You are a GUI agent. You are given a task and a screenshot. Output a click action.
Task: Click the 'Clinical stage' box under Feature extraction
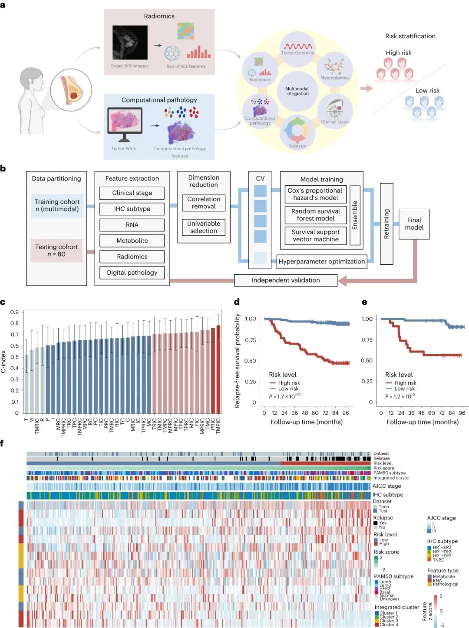point(132,193)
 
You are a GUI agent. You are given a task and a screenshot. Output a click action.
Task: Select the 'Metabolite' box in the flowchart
point(132,241)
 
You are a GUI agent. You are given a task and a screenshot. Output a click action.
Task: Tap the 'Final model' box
point(414,224)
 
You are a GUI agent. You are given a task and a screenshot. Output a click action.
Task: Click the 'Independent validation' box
point(286,280)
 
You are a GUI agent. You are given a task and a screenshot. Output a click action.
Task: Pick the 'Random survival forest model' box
point(316,215)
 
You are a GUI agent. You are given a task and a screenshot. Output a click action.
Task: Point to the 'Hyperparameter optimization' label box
point(321,261)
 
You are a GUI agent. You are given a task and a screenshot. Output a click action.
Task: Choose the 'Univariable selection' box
point(204,227)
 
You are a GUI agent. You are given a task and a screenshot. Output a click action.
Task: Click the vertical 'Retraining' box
point(386,224)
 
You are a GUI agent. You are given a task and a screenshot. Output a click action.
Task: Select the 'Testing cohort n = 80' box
point(56,250)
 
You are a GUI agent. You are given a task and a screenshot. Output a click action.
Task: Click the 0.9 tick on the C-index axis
point(15,312)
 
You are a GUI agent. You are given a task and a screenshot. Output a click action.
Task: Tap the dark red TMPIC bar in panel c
point(218,369)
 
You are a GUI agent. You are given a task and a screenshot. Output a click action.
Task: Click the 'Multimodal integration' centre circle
point(297,91)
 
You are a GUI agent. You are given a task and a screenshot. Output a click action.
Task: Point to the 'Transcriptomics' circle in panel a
point(297,49)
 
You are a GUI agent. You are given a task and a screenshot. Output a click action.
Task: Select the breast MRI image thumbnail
point(130,43)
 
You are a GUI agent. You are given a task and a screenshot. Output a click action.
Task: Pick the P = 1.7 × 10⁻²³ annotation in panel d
point(284,396)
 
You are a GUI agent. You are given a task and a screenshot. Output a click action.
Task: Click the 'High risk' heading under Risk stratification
point(399,53)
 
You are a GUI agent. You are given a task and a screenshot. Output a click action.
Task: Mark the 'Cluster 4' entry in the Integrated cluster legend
point(388,625)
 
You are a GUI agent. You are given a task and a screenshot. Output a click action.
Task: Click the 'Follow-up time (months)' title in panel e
point(423,422)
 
